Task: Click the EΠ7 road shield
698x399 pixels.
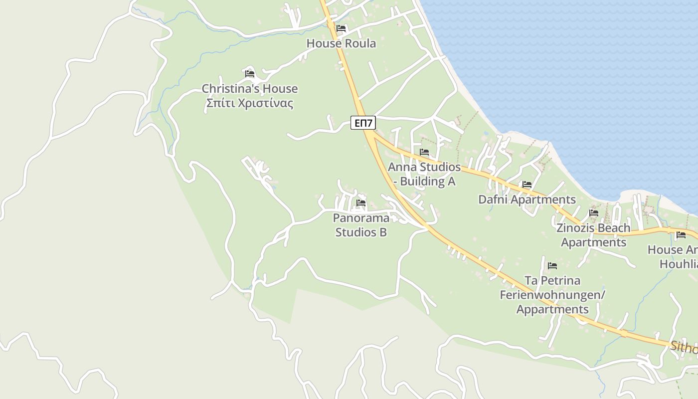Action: coord(363,123)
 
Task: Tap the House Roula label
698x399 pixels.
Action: coord(341,43)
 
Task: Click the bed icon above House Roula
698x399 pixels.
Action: coord(341,28)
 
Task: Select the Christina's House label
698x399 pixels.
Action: coord(250,89)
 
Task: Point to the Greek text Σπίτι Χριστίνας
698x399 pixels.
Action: coord(250,104)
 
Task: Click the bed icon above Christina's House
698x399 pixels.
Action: coord(250,74)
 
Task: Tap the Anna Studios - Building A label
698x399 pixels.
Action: coord(424,174)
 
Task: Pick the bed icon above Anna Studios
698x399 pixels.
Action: coord(424,152)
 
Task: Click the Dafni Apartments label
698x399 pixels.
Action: coord(527,199)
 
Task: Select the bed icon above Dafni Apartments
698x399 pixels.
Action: coord(527,185)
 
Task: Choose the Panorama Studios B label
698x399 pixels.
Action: coord(361,225)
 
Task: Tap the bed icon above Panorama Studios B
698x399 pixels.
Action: coord(361,203)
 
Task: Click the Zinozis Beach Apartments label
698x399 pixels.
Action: coord(593,235)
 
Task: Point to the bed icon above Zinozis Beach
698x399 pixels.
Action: coord(593,212)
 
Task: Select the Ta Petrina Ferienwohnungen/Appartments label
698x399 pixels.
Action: coord(552,295)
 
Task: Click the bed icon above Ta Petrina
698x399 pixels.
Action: coord(552,265)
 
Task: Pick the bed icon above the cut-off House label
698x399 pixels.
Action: coord(681,235)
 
